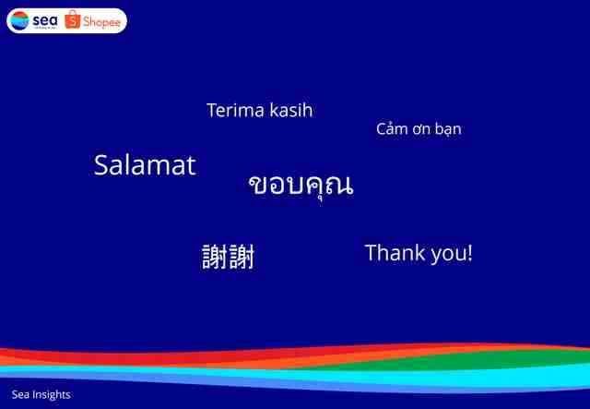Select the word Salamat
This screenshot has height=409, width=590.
click(x=145, y=165)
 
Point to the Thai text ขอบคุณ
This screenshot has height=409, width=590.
click(x=301, y=186)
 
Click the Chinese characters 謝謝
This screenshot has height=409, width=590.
click(x=229, y=257)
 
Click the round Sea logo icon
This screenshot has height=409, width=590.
click(x=19, y=20)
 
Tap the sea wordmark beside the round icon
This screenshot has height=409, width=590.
click(x=45, y=20)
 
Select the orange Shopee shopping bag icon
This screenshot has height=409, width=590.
click(x=73, y=19)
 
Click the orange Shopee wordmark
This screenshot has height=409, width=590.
click(x=101, y=22)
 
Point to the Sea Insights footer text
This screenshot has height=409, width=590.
click(x=41, y=394)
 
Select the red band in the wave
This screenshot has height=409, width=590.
click(x=188, y=355)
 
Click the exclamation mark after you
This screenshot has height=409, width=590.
click(x=469, y=252)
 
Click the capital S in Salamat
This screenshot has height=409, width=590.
click(x=101, y=165)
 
